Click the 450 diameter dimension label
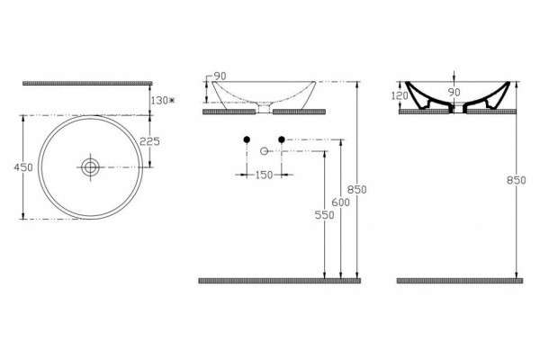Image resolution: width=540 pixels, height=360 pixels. [x=23, y=167]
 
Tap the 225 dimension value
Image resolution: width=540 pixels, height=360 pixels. [x=149, y=141]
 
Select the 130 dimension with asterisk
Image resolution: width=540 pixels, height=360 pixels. [x=163, y=100]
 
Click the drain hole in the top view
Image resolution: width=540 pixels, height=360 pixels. [x=91, y=167]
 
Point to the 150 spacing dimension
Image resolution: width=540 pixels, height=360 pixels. [x=264, y=175]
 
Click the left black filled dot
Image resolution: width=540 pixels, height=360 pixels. [x=247, y=139]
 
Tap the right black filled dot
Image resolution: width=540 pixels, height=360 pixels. [x=282, y=139]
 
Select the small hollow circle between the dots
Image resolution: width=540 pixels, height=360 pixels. [x=264, y=151]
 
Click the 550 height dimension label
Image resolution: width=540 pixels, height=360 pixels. [x=324, y=215]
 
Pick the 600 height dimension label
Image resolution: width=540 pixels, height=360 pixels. [x=340, y=202]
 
